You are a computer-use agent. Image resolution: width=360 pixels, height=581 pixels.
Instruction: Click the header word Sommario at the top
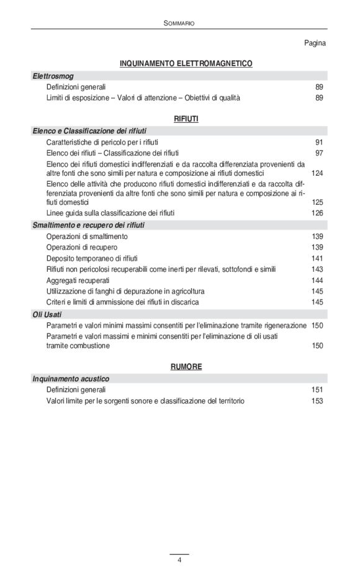point(179,22)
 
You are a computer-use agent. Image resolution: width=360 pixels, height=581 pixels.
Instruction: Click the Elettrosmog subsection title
point(53,76)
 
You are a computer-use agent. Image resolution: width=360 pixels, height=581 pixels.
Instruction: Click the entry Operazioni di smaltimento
point(87,236)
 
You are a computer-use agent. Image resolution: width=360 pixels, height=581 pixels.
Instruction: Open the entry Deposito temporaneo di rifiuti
point(92,258)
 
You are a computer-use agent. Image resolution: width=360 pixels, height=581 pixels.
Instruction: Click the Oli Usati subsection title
point(47,314)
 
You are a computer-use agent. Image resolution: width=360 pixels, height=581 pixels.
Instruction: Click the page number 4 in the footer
point(179,561)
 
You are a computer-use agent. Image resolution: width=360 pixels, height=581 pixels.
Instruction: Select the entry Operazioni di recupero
point(82,247)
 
